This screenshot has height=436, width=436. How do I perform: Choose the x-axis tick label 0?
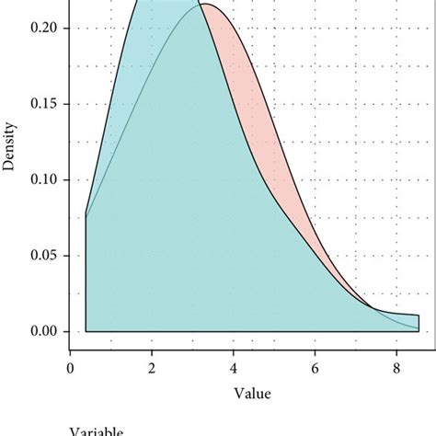coord(71,368)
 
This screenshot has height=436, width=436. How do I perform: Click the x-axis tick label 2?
coord(152,368)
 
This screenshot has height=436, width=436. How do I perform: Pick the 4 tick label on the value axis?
coord(234,368)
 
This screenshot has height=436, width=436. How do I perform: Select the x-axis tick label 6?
coord(316,368)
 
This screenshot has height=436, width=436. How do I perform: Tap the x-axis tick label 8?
coord(396,368)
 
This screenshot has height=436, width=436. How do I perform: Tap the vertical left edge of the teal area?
coord(86,276)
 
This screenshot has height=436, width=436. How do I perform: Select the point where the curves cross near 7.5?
coord(372,309)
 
